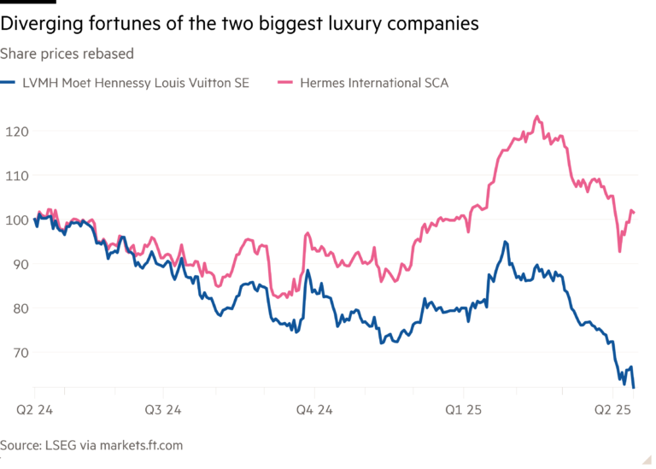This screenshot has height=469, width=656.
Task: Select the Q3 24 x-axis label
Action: (166, 411)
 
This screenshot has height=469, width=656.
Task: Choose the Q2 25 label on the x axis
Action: (612, 411)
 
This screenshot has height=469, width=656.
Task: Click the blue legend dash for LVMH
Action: (7, 84)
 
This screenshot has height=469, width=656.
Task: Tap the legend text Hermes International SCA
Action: (373, 84)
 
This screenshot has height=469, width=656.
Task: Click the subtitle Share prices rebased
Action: (67, 54)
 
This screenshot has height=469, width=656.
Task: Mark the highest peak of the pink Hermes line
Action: (536, 116)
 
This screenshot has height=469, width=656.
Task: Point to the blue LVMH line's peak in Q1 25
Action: (506, 242)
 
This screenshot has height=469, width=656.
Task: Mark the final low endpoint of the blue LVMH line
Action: (634, 386)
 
